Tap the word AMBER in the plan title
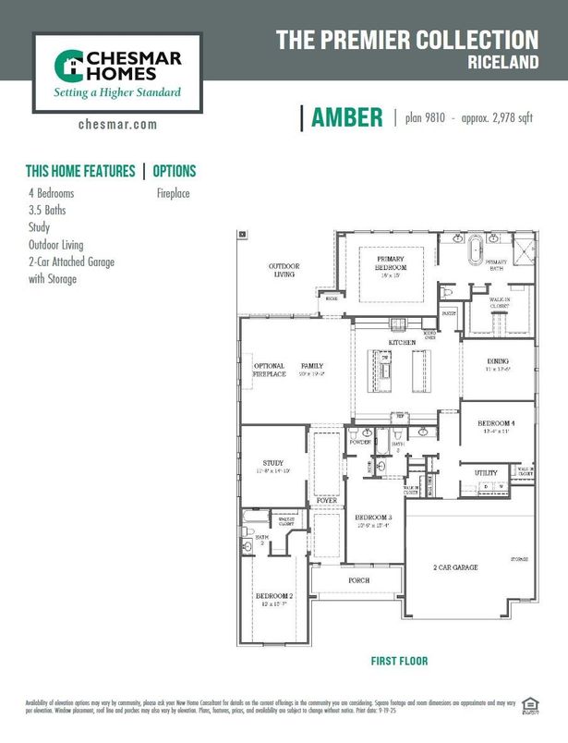346,117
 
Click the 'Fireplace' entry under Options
173,195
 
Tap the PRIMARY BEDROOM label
391,262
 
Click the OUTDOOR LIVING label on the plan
284,270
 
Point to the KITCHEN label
402,343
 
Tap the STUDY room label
272,463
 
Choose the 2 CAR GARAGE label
456,566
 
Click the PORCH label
358,580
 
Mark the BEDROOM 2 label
273,597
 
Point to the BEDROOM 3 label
374,518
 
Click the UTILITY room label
487,473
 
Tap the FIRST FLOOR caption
399,662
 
